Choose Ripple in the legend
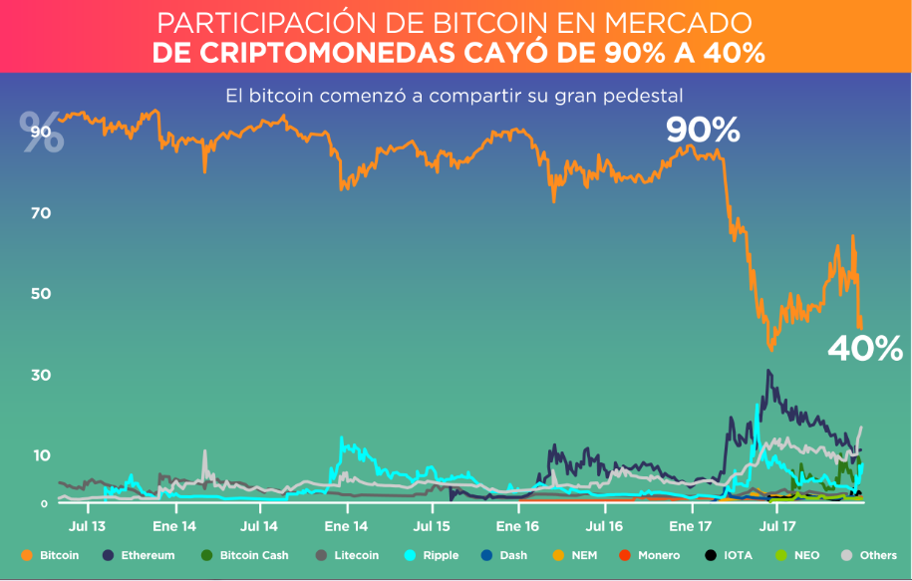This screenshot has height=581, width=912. [440, 555]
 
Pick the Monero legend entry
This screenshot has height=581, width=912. [659, 555]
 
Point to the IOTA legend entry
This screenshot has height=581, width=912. [738, 555]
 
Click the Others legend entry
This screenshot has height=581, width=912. [878, 555]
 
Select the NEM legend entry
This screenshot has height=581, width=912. [584, 555]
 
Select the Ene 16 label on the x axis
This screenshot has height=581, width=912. [517, 524]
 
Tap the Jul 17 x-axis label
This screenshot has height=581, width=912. [777, 524]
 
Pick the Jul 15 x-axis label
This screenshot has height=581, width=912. [432, 524]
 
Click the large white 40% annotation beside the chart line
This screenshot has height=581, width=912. [865, 349]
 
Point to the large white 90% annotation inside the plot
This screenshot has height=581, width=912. [703, 130]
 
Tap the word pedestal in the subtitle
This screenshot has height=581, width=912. [646, 97]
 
